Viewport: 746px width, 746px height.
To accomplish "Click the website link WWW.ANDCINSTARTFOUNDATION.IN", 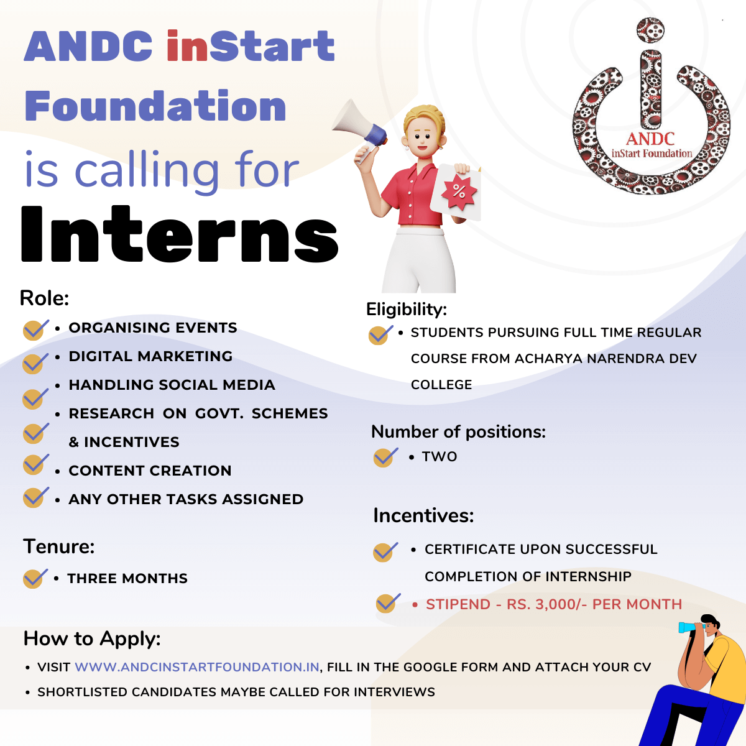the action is [197, 667].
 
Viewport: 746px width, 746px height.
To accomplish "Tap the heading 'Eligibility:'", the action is [407, 310].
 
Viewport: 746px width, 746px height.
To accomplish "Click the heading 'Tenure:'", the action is [59, 546].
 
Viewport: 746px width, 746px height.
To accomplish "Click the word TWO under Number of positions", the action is [440, 457].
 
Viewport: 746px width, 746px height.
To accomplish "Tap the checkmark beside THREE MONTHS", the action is [35, 578].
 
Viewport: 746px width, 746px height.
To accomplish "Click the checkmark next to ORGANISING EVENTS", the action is [35, 330].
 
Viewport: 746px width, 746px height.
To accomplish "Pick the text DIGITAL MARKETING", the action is [150, 356].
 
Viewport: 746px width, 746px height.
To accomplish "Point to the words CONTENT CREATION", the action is [150, 471].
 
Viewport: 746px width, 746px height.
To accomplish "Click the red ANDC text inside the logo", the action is [650, 139].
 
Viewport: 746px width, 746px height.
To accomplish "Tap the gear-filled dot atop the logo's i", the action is [650, 30].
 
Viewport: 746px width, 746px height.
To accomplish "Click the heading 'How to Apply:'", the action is [92, 639].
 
